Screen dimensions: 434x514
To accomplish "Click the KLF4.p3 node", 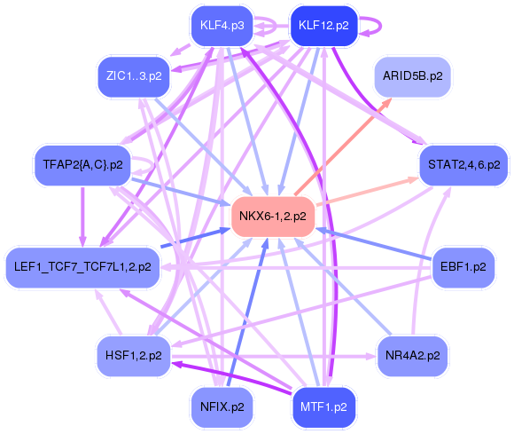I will (x=222, y=25).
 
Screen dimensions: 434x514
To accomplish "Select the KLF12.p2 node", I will (x=322, y=25).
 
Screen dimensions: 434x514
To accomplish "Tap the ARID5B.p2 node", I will (x=412, y=76).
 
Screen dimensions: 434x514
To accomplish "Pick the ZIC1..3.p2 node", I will (x=133, y=76).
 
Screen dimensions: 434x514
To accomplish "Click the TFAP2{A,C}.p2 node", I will (x=82, y=164).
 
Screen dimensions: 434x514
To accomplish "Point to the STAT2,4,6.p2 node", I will (x=463, y=164).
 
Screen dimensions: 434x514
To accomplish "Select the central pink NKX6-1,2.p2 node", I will (x=273, y=216).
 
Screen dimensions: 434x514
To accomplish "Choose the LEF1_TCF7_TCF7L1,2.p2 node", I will (x=82, y=265).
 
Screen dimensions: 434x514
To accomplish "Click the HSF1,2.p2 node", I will (x=133, y=355).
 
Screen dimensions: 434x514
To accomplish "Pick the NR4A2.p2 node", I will (x=412, y=355).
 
